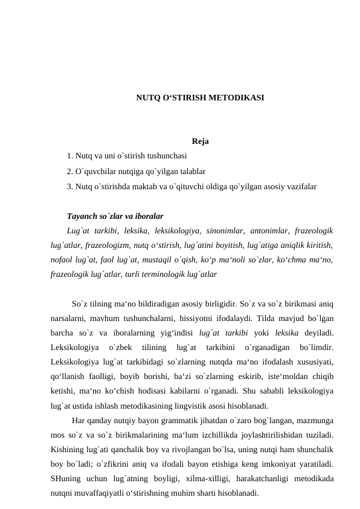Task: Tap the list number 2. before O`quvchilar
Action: coord(71,172)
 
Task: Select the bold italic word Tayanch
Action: coord(82,216)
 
